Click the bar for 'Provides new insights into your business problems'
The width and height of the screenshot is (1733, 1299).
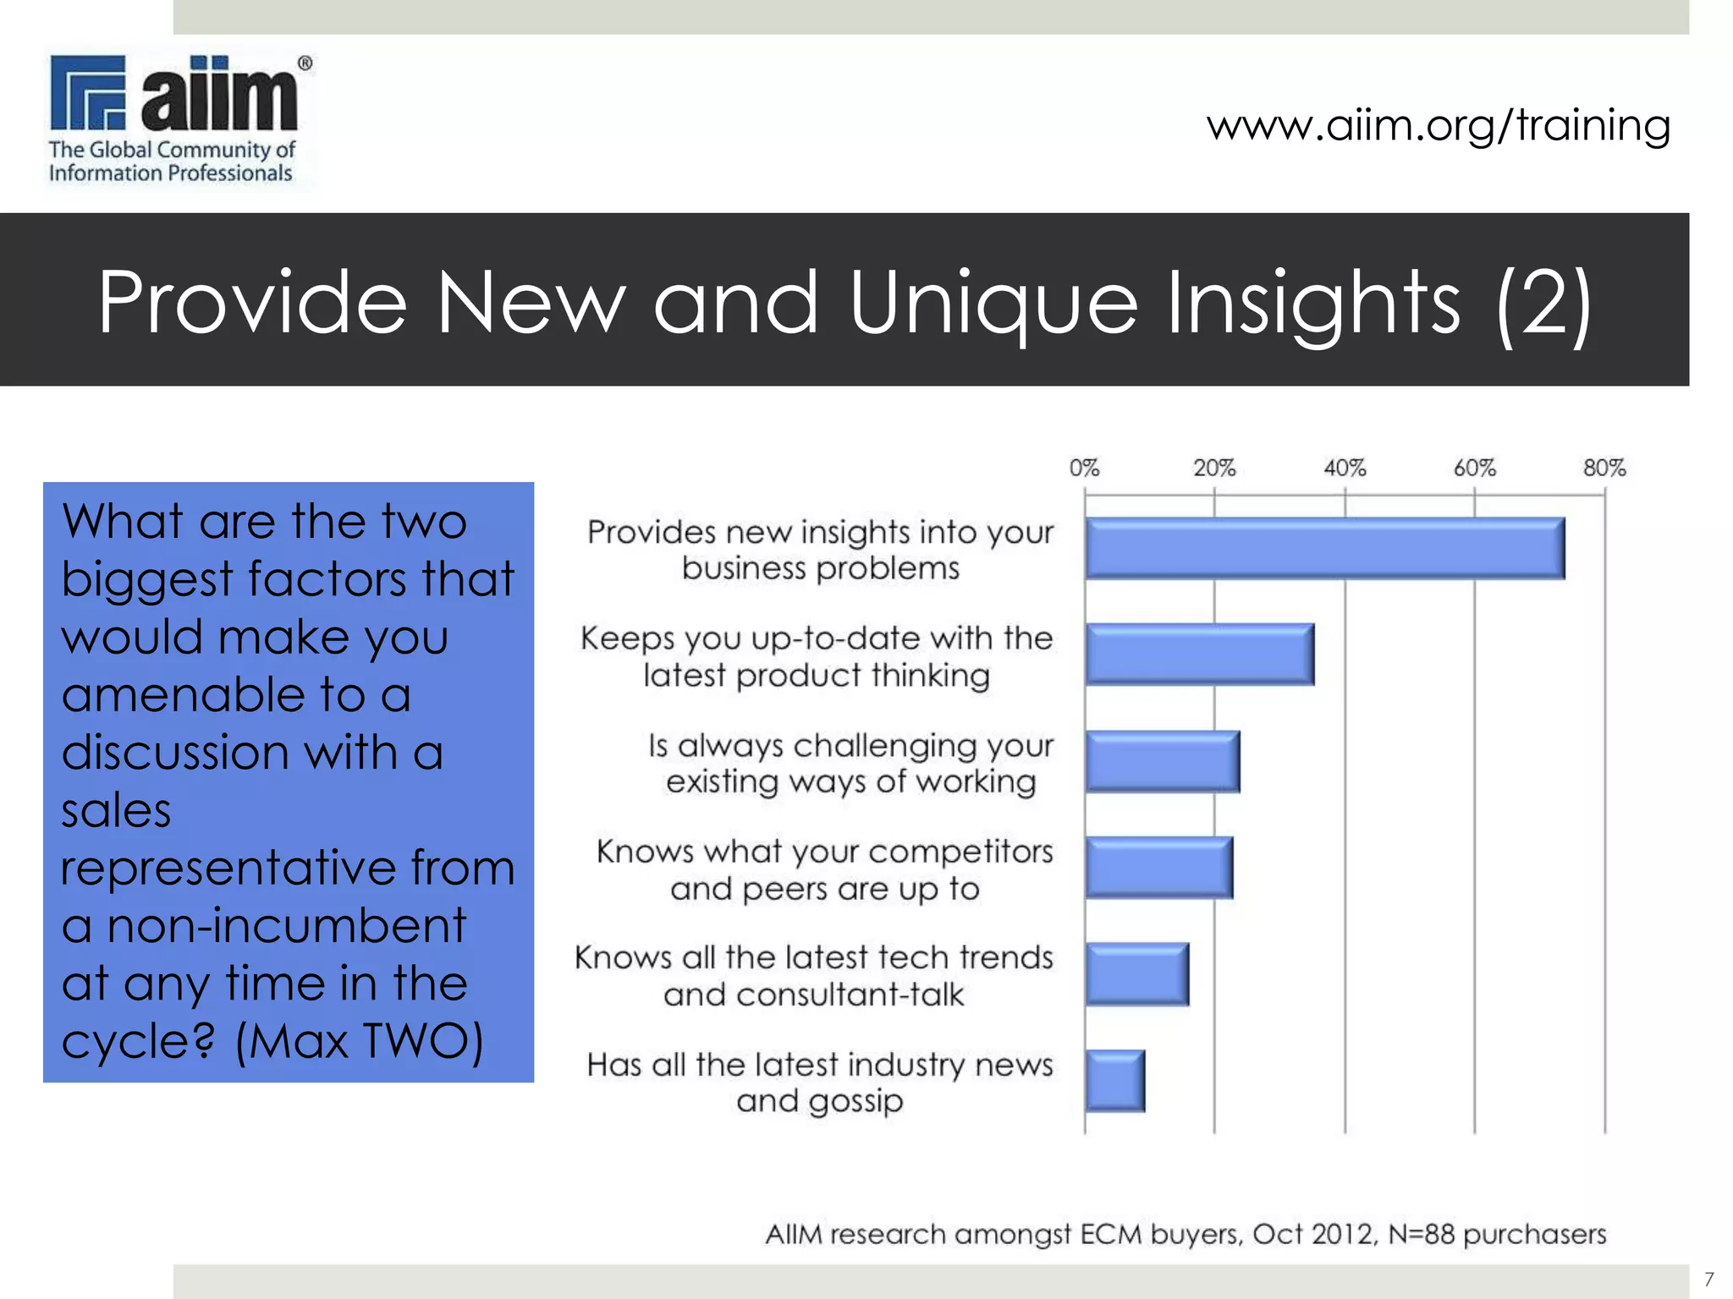pos(1324,548)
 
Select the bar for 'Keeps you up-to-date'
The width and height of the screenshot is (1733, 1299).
pos(1199,654)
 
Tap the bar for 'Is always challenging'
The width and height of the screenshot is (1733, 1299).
pos(1162,761)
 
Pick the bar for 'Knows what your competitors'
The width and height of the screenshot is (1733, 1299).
pos(1158,867)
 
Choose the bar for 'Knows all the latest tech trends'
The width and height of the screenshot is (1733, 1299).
pos(1136,973)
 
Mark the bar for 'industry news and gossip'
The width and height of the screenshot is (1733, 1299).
pos(1114,1080)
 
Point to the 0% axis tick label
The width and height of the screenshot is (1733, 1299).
pos(1084,468)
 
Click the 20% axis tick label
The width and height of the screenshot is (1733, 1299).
pos(1214,468)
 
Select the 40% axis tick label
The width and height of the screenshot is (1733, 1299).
pos(1345,468)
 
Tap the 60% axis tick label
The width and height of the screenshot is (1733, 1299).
pos(1475,468)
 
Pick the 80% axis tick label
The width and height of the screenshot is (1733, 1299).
pos(1604,468)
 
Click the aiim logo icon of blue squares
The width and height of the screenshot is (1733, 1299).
pos(88,92)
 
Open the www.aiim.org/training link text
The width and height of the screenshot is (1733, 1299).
pos(1439,125)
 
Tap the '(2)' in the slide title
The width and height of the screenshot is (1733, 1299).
pos(1543,302)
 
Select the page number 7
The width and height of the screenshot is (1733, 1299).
pos(1708,1279)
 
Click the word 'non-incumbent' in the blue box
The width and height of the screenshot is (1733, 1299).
pos(287,925)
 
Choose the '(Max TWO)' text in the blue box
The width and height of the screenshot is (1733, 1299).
pos(359,1040)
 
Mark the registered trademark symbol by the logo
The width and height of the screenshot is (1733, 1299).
pos(305,63)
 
